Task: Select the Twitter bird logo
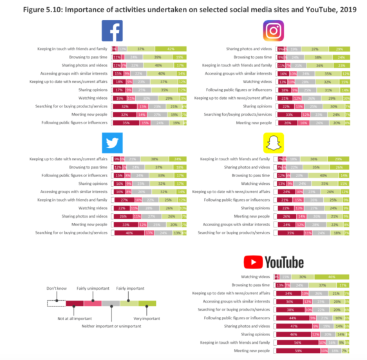click(x=113, y=142)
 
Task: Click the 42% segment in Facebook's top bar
click(x=171, y=48)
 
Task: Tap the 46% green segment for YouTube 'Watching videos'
click(x=332, y=276)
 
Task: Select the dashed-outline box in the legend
click(x=56, y=303)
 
